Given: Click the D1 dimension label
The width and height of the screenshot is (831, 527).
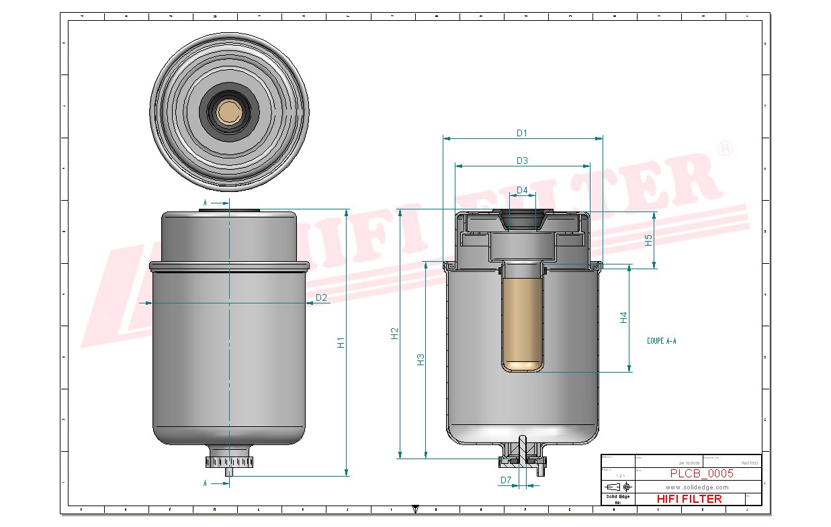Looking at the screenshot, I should (522, 133).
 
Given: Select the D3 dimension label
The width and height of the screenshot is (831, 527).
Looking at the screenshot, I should (522, 160).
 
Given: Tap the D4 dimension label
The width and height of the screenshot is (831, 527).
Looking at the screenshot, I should (522, 191).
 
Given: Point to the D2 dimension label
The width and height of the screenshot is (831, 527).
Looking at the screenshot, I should (321, 297).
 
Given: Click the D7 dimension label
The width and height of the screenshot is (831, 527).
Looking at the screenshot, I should (506, 480).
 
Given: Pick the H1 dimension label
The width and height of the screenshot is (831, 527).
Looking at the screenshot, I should (341, 342).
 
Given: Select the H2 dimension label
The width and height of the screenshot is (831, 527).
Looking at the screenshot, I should (395, 333).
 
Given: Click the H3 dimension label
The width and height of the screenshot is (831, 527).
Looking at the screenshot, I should (421, 359).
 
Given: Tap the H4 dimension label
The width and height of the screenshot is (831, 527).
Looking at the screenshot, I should (623, 318).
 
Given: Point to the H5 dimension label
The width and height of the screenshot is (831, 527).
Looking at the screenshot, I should (649, 240).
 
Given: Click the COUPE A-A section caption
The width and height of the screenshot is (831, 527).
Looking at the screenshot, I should (662, 341).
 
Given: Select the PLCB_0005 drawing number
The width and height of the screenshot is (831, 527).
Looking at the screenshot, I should (701, 473).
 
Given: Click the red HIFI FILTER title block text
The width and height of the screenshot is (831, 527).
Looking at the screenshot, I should (689, 499).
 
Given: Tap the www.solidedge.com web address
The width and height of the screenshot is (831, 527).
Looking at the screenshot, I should (697, 487).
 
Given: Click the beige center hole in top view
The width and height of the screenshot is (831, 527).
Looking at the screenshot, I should (229, 112).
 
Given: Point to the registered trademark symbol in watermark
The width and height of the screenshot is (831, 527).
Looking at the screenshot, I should (725, 148).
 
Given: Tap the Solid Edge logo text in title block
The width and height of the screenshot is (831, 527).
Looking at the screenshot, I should (617, 496).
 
